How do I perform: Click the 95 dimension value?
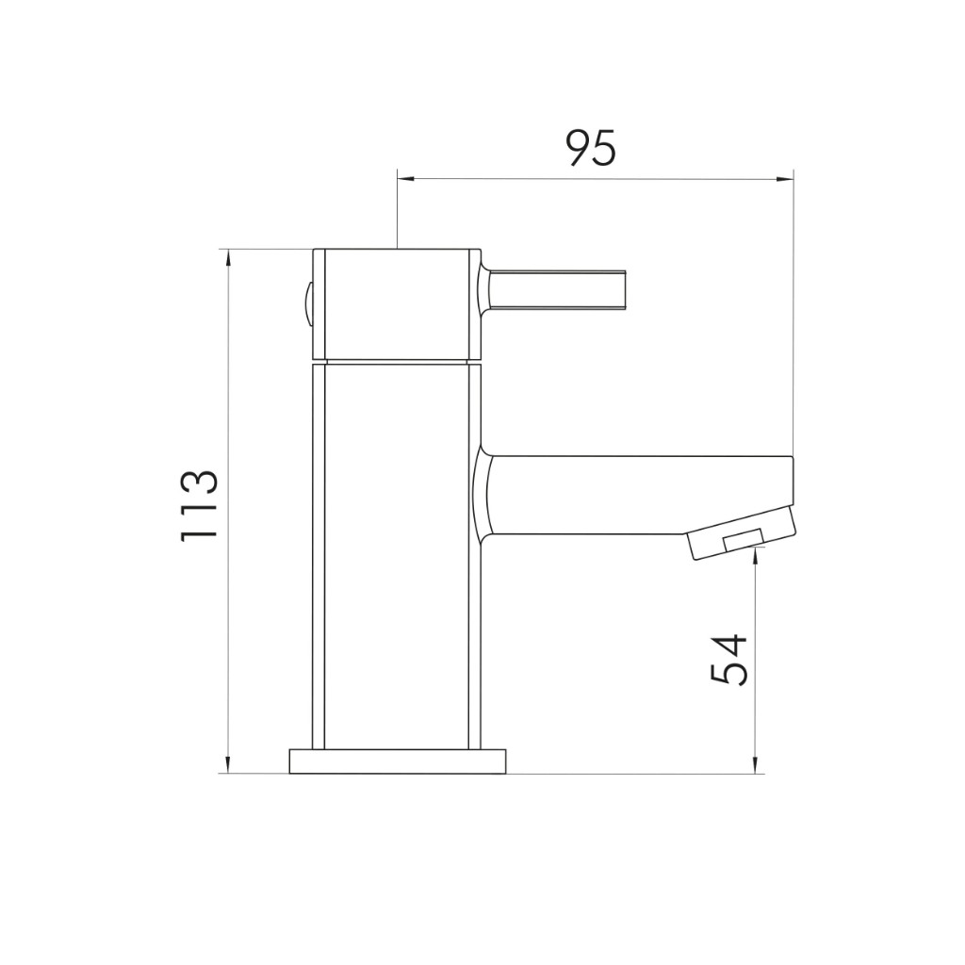point(591,148)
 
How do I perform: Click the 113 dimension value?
point(199,506)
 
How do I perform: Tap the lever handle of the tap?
point(558,290)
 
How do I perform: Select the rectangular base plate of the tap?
point(398,761)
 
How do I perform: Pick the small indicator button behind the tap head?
point(306,305)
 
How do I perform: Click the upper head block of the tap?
point(397,304)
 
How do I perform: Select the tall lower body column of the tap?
point(397,557)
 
